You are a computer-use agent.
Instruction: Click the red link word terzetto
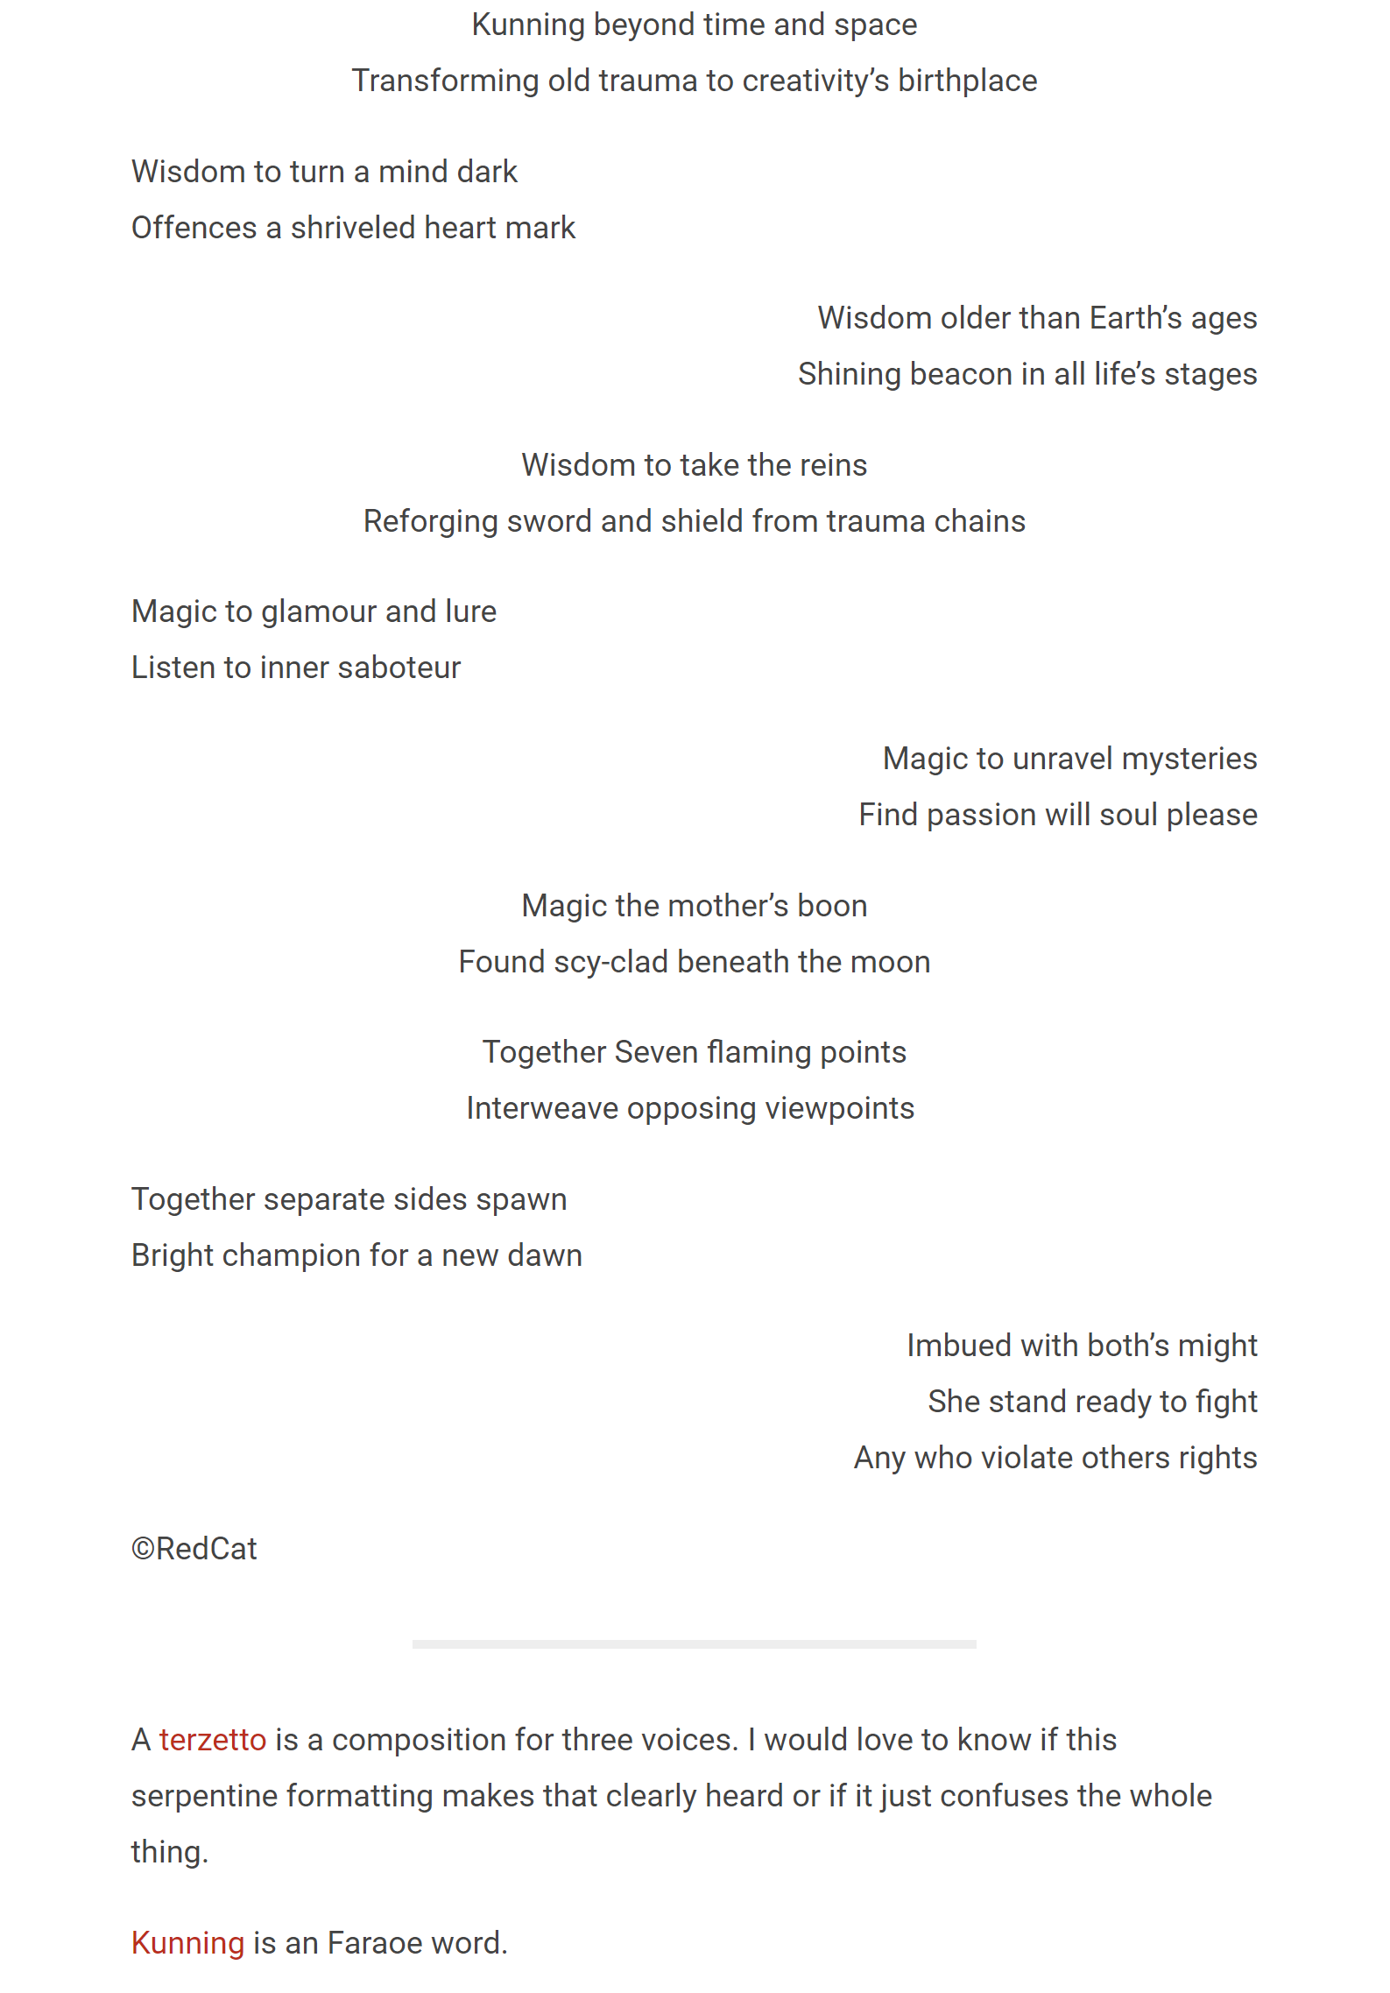pyautogui.click(x=212, y=1740)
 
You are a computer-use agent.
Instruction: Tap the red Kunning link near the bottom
pyautogui.click(x=187, y=1943)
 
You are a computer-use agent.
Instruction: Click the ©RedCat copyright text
pyautogui.click(x=194, y=1549)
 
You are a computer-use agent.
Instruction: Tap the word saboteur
pyautogui.click(x=399, y=668)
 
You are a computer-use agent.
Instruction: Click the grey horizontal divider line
pyautogui.click(x=694, y=1644)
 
